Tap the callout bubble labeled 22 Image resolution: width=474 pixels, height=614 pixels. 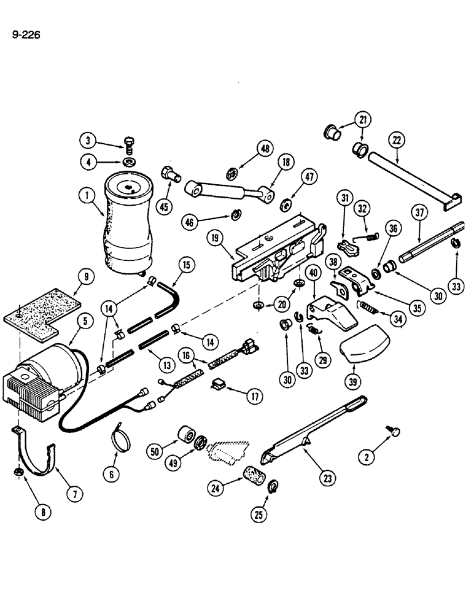(397, 141)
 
